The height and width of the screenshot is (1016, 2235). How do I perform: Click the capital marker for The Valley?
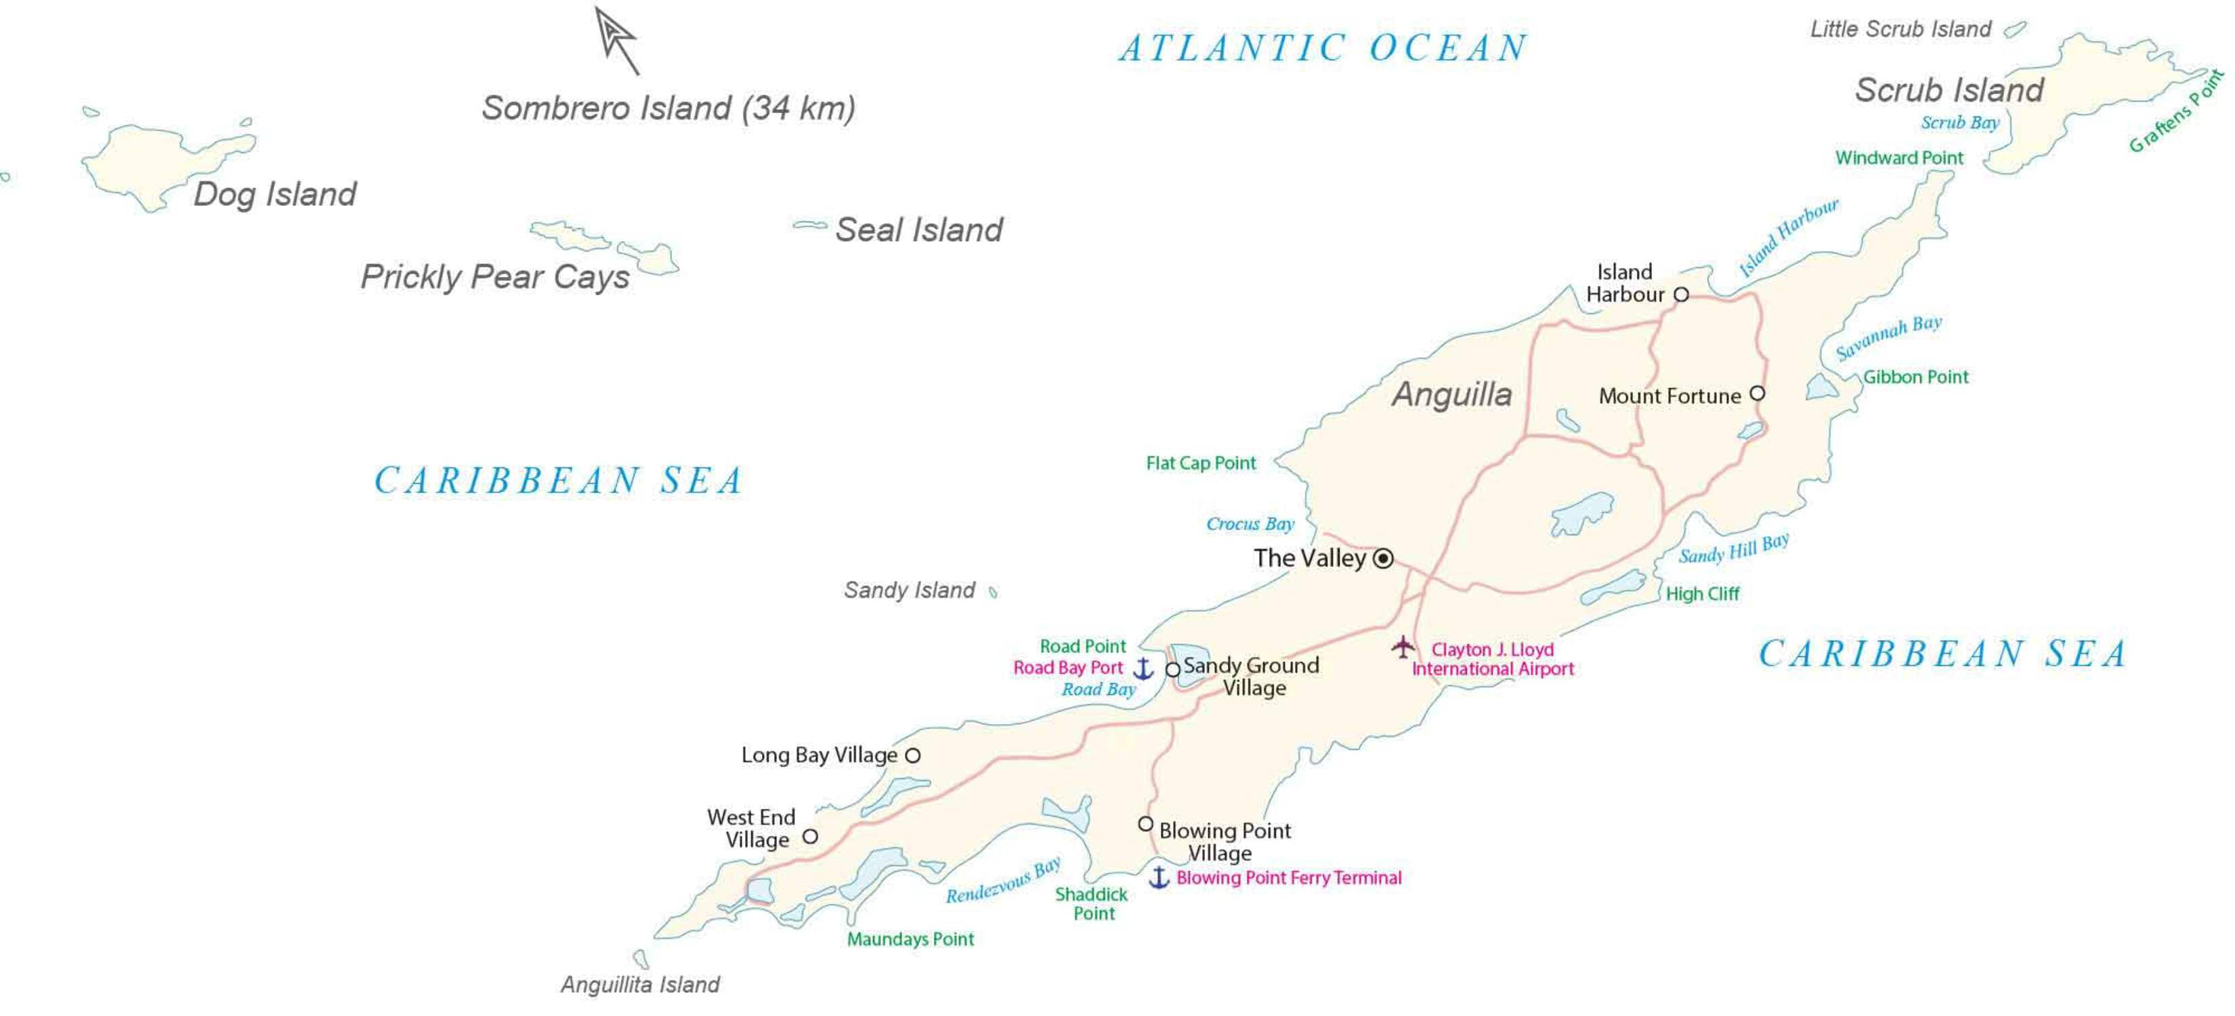[x=1384, y=558]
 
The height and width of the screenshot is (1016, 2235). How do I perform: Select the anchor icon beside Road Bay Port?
[x=1143, y=668]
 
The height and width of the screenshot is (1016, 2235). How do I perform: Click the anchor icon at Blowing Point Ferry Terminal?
[x=1159, y=877]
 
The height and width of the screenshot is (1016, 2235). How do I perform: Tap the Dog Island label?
[x=274, y=194]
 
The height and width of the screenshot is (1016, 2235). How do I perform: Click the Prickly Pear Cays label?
[x=494, y=277]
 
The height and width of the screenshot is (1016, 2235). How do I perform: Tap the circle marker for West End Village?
[x=809, y=837]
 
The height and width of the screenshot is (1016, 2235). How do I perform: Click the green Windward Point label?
[x=1898, y=158]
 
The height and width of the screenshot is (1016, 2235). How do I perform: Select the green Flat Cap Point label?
[x=1200, y=463]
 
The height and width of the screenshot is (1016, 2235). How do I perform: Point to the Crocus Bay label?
[x=1250, y=524]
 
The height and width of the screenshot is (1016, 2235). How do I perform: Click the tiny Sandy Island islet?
[x=994, y=593]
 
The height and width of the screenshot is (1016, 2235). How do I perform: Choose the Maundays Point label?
[x=910, y=939]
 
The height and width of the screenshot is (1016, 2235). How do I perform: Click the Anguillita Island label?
[x=639, y=985]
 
